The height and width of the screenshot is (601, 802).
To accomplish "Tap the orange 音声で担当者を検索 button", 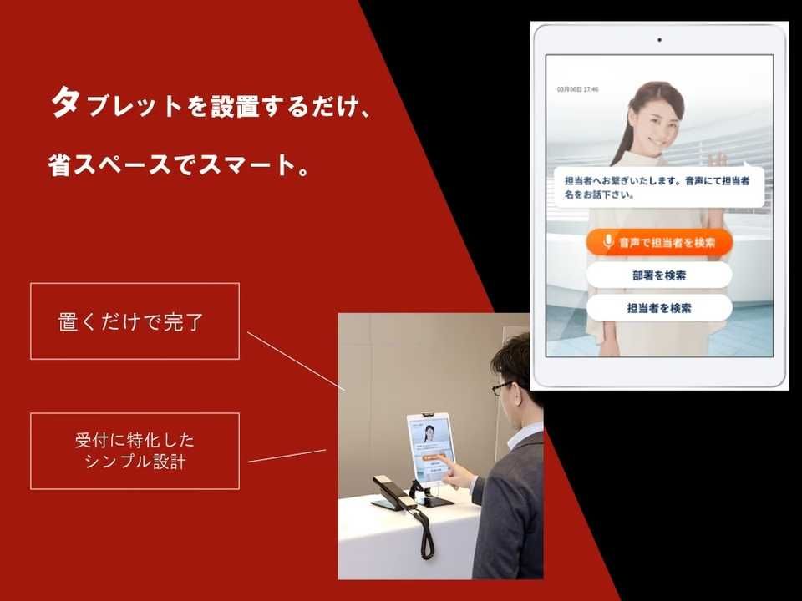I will pos(659,242).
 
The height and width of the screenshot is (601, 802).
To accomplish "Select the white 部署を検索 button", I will pos(659,275).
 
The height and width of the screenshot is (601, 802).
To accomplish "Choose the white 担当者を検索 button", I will pos(659,308).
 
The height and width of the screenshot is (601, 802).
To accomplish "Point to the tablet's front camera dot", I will pos(659,39).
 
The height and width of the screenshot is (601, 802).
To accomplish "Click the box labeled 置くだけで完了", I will pos(135,321).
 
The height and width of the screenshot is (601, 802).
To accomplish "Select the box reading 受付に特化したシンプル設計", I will pos(135,451).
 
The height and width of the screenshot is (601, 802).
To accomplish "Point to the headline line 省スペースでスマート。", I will pos(179,163).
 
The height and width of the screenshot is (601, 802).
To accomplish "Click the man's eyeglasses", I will pos(504,387).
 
